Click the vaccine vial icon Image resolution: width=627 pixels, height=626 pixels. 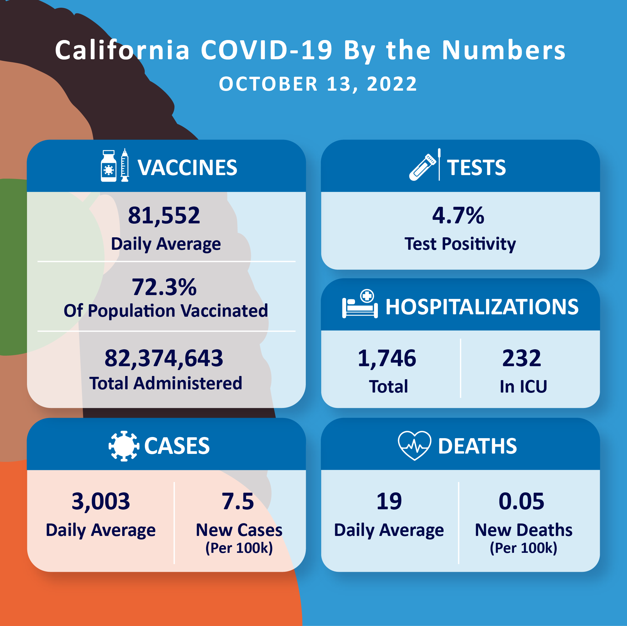108,166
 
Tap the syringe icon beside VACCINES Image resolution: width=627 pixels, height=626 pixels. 125,165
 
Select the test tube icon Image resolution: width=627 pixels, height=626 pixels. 423,167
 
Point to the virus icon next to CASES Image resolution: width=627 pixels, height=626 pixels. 124,446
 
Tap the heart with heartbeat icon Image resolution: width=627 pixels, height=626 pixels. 414,445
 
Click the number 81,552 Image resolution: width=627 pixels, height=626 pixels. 164,215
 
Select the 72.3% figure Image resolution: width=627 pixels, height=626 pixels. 164,287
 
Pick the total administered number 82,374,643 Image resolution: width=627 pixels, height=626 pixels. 164,358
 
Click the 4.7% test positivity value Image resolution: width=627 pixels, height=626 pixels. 458,215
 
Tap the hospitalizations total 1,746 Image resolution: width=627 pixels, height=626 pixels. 387,358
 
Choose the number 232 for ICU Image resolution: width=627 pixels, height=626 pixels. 521,358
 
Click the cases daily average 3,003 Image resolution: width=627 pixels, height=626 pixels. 101,501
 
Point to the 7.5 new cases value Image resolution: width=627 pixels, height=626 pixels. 238,501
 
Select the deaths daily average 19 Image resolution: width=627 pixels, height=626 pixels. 389,501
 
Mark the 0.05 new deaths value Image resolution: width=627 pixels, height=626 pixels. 521,501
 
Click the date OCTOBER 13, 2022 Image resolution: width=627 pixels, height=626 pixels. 318,84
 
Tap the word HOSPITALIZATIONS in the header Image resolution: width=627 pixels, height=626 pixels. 482,307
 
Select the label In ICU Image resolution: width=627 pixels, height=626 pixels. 523,386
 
